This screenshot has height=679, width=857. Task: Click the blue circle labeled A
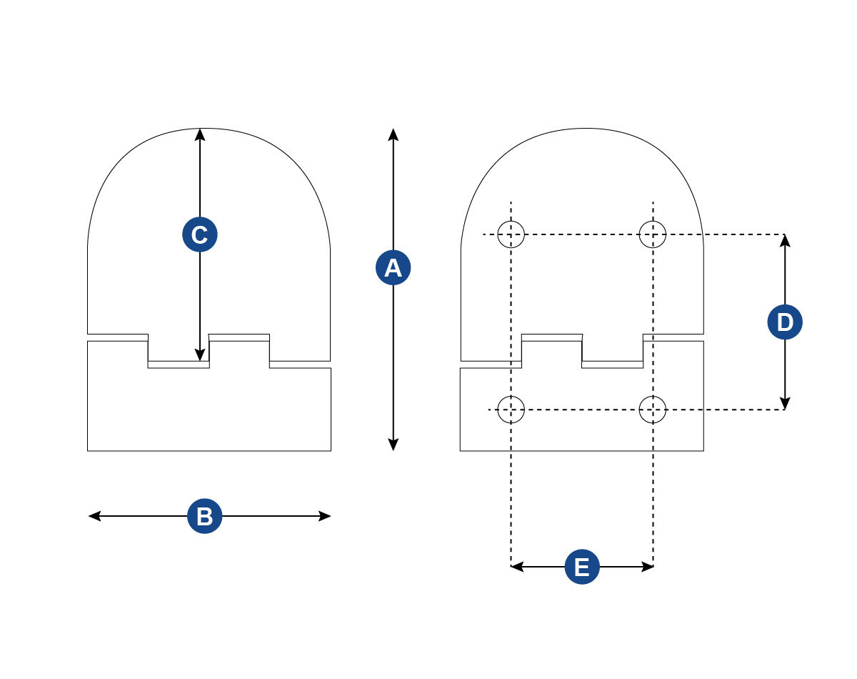(x=393, y=267)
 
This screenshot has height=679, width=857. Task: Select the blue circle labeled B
(x=205, y=516)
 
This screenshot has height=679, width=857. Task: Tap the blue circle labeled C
(x=200, y=234)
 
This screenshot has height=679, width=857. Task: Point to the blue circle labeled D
(x=785, y=322)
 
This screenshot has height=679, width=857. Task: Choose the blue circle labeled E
(x=582, y=567)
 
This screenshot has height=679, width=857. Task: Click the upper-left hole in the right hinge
(x=511, y=234)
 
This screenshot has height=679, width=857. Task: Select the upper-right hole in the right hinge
(x=653, y=234)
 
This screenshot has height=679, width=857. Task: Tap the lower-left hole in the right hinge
(x=511, y=410)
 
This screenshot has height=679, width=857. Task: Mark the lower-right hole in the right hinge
(x=653, y=410)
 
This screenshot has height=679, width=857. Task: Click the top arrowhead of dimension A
(x=393, y=134)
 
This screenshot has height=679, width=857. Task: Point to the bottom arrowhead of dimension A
(x=393, y=445)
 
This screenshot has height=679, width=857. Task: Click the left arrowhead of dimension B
(x=94, y=516)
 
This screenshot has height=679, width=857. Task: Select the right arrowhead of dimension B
(x=325, y=516)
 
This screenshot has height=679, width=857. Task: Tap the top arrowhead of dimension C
(x=200, y=134)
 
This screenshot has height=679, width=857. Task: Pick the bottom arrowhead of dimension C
(x=200, y=355)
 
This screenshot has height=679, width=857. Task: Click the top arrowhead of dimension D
(x=785, y=240)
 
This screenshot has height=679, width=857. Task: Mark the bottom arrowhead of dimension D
(x=785, y=403)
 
